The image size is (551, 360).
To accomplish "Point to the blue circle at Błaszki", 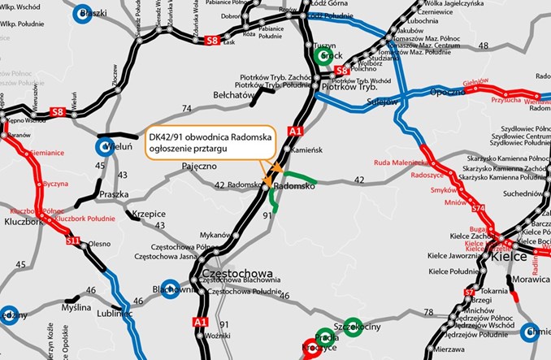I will pos(83,14).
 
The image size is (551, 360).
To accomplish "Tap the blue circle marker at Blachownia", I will pos(171,288).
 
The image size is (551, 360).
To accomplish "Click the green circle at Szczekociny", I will pos(353,324).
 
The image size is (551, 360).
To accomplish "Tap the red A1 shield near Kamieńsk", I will pos(294,131).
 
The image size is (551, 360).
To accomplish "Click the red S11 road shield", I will pos(74,241).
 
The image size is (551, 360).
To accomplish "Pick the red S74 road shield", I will pos(478,210).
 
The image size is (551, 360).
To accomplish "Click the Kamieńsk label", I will pos(308,152).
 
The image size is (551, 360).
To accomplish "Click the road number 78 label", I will pos(427,311).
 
